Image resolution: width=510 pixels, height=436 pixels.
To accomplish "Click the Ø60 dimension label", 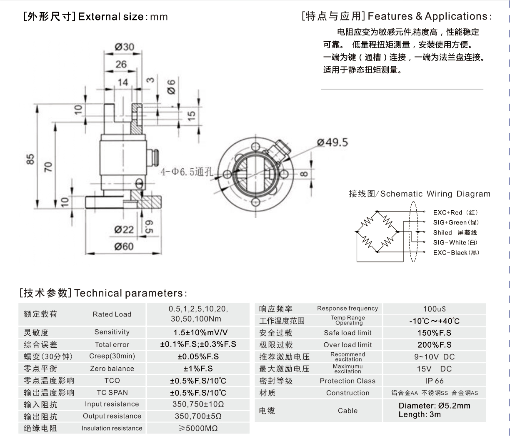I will point(124,247).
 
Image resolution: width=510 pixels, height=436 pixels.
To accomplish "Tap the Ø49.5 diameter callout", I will point(332,142).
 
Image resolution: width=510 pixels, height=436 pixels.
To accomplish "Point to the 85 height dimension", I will point(30,159).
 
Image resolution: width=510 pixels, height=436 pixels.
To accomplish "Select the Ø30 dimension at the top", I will point(124,47).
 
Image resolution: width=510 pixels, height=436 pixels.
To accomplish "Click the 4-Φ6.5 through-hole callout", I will point(187,172).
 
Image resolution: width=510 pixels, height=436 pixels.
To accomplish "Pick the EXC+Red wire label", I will point(455,212).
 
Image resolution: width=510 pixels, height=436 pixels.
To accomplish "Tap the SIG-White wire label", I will point(455,242).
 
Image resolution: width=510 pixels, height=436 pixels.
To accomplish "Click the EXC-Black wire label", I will point(456,252).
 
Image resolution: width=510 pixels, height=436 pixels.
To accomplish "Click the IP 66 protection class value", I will point(434,381).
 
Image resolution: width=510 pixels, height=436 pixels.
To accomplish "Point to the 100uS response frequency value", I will point(434,309).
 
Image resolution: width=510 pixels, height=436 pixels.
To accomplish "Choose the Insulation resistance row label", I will point(112,428).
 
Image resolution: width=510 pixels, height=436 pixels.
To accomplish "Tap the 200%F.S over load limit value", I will point(434,345).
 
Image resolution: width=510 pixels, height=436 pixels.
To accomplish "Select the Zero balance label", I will point(112,369).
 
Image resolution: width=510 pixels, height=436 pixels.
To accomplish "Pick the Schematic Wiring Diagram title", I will point(435,194).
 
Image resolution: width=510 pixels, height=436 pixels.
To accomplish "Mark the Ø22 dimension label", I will point(124,229).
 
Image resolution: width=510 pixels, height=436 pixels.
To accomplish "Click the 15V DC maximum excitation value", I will point(434,369).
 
